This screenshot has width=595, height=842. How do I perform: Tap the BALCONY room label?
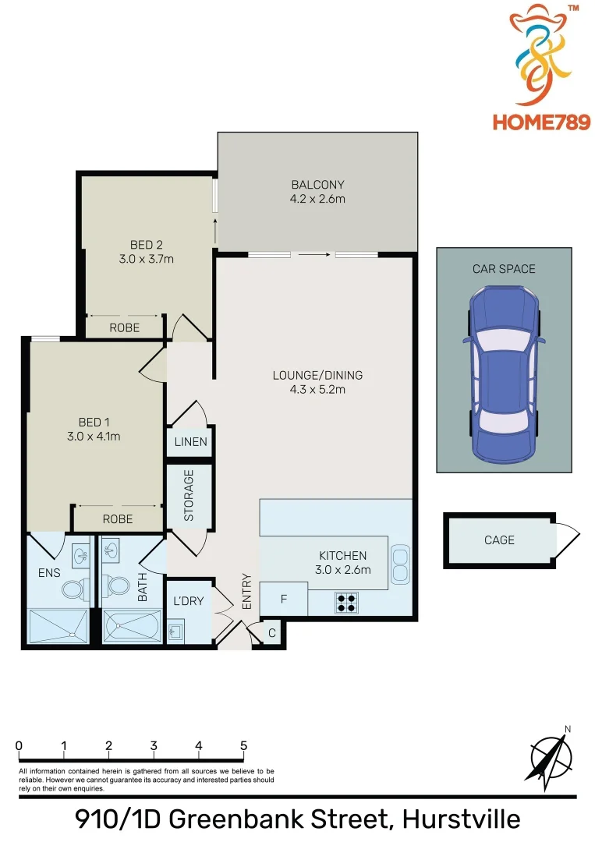317,185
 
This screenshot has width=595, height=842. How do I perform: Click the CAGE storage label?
499,540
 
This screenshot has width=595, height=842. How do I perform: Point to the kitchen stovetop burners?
347,602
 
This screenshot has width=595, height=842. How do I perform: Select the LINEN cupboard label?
190,442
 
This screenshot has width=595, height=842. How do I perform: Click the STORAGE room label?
189,496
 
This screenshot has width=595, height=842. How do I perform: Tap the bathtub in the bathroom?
131,626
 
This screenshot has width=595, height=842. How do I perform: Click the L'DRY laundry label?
188,601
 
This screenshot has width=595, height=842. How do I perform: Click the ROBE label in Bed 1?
118,518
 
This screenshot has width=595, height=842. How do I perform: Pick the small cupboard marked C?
272,632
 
